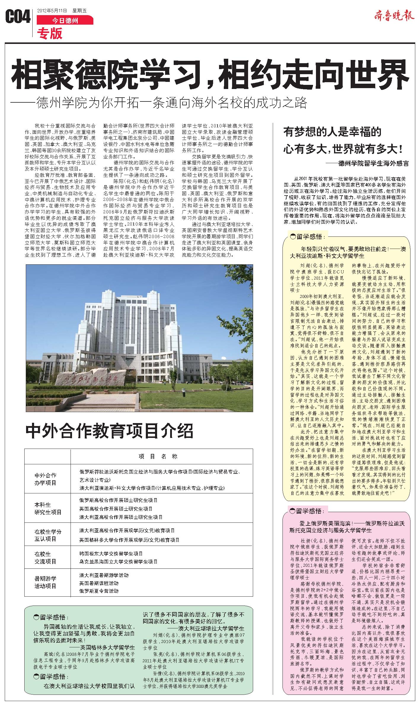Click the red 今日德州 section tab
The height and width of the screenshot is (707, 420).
(65, 21)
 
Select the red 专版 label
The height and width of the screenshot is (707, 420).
(49, 34)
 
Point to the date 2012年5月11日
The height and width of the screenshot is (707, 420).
(52, 10)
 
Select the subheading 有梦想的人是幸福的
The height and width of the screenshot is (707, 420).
(332, 132)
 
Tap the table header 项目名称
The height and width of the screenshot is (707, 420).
(158, 456)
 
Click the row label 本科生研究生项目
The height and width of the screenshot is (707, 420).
(48, 508)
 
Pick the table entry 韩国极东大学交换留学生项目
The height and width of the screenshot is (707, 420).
(111, 553)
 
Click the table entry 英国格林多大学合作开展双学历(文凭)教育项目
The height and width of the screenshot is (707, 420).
(129, 540)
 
